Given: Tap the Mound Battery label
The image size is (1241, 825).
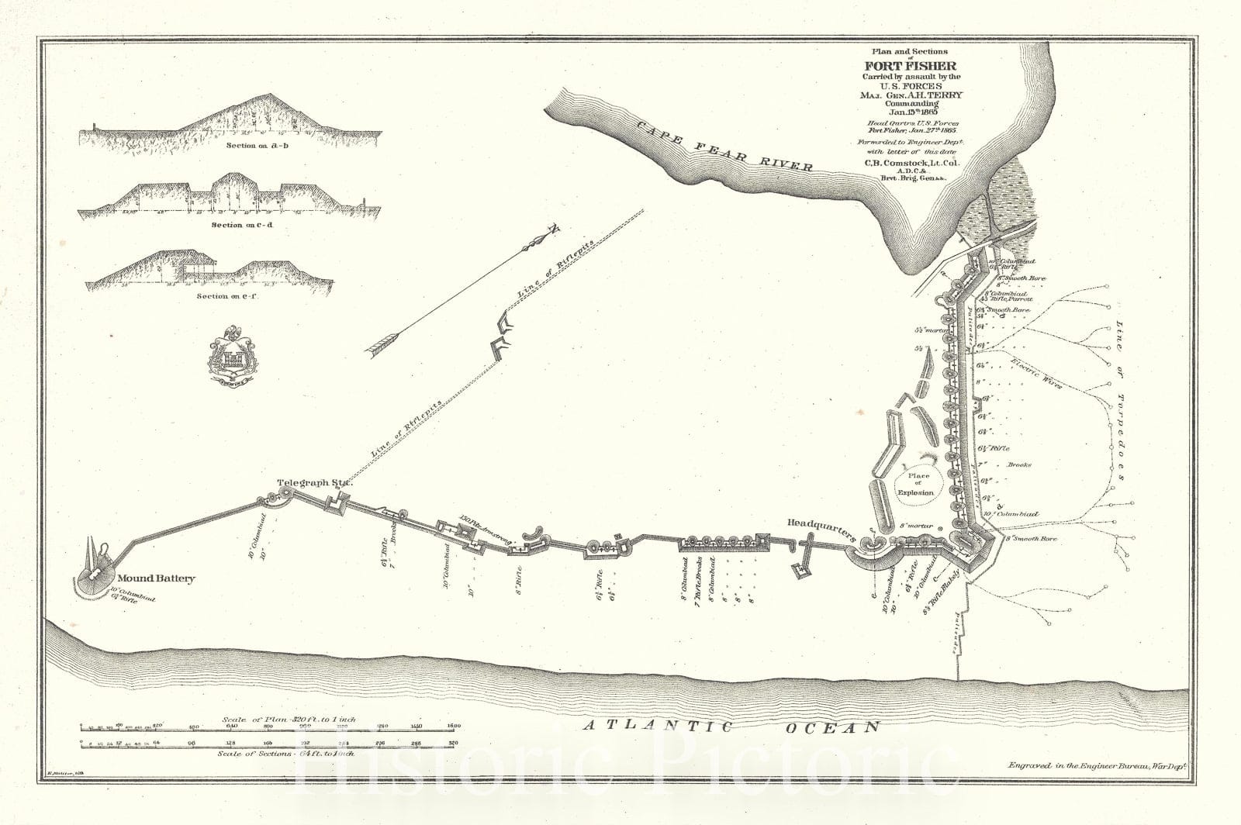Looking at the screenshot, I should [156, 578].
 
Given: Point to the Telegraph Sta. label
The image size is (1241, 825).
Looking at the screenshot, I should [315, 482].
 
